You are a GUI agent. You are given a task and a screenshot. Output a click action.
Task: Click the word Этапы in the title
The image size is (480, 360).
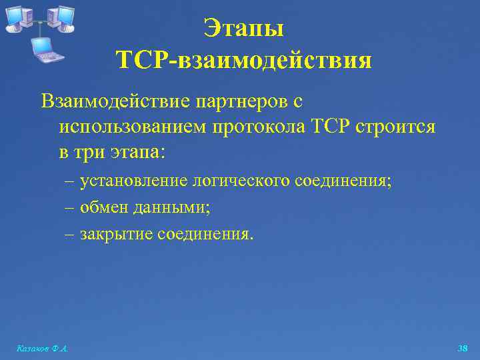point(244,29)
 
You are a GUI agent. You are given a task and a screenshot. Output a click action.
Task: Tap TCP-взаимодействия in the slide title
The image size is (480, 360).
point(244,61)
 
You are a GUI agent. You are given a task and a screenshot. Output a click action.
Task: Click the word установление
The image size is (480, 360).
point(133,181)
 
